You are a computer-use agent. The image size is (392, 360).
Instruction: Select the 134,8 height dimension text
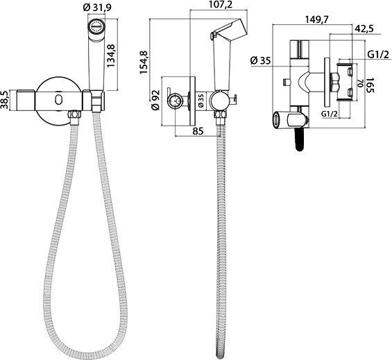pos(111,55)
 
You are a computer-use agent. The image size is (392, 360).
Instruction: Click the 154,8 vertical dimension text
pos(144,62)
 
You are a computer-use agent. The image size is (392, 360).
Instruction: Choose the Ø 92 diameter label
pos(155,100)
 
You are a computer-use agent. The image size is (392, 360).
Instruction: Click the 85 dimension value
pos(198,130)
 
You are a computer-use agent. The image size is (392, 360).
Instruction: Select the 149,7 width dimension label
pos(316,19)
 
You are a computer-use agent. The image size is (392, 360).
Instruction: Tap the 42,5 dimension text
pos(364,28)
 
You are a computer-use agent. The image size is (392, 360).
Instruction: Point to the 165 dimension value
pos(370,85)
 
